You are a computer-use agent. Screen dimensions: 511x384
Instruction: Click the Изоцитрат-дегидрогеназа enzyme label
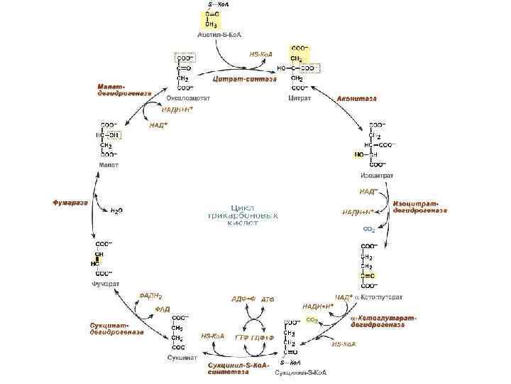point(420,207)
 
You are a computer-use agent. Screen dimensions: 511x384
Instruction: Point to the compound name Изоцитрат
point(377,175)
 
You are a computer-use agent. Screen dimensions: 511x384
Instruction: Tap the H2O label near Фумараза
point(116,210)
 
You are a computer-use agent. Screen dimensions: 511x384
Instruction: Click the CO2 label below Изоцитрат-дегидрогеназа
point(368,230)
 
